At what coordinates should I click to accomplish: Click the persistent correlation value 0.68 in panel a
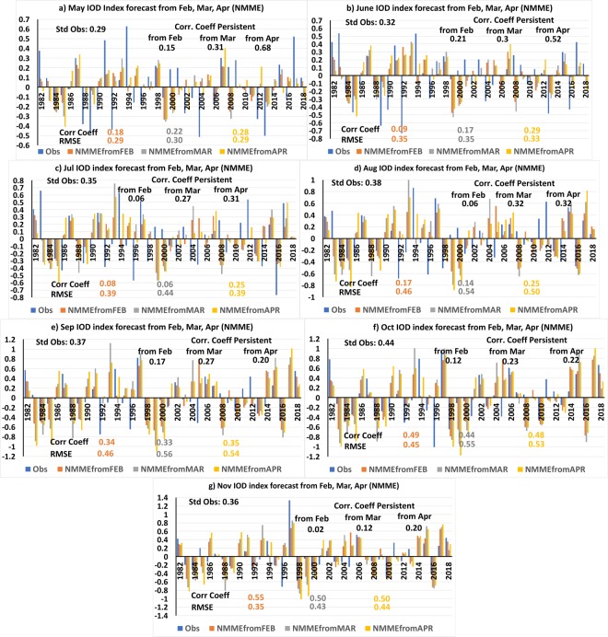263,48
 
